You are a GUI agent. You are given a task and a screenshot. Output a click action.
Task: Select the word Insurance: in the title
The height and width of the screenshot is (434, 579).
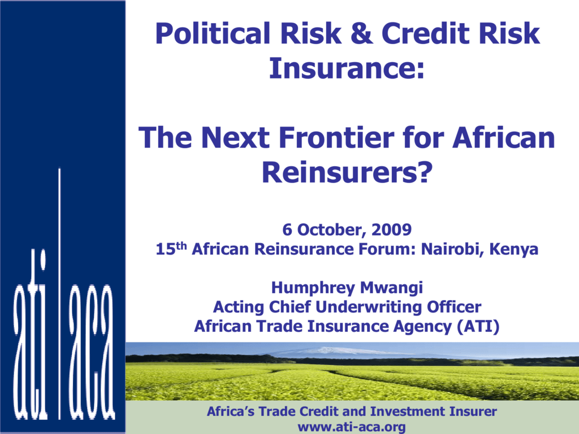coord(347,68)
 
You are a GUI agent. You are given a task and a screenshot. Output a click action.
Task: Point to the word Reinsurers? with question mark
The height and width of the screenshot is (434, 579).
coord(347,172)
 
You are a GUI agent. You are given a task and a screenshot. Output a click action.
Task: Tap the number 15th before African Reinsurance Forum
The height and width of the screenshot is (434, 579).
coord(171,249)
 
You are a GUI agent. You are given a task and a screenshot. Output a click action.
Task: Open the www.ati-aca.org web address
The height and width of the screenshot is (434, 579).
coord(352,427)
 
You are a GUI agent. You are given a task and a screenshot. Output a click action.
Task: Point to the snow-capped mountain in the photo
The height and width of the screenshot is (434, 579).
coord(332,350)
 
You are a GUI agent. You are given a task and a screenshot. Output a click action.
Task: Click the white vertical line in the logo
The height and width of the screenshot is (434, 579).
coord(59,294)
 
